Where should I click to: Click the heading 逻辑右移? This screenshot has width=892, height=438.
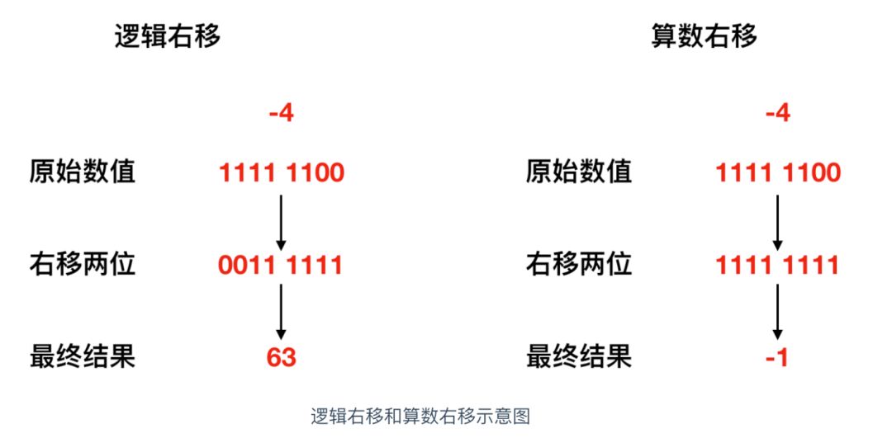coord(167,37)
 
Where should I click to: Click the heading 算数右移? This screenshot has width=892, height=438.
coord(704,37)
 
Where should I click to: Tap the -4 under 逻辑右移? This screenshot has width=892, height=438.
coord(281,113)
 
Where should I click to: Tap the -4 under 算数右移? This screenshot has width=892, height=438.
coord(777,113)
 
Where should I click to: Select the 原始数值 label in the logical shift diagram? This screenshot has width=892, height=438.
coord(83,172)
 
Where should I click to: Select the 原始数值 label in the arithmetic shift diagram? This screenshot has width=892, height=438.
coord(578,172)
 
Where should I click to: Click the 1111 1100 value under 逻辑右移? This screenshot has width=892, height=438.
coord(281,173)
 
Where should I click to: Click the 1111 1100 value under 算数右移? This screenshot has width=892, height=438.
coord(777,173)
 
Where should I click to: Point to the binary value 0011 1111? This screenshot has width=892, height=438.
coord(281,266)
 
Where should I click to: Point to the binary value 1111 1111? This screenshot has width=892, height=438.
coord(777,266)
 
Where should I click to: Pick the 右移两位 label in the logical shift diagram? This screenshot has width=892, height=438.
coord(83,265)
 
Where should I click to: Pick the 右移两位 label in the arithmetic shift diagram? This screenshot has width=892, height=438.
coord(578,265)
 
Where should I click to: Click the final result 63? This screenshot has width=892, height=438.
coord(281,357)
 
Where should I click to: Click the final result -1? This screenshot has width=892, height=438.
coord(777,357)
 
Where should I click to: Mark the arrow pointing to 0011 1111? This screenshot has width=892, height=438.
coord(281,221)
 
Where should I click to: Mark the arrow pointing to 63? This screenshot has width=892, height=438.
coord(281,311)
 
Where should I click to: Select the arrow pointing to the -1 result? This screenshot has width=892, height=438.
coord(777,311)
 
